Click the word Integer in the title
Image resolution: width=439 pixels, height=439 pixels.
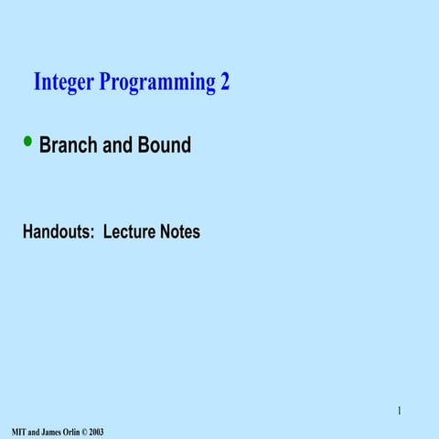(62, 83)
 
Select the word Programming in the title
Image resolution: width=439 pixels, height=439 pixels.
(155, 84)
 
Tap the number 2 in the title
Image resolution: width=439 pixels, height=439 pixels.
(224, 82)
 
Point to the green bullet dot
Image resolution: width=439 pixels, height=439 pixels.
(28, 141)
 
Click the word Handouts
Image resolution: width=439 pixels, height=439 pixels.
(58, 232)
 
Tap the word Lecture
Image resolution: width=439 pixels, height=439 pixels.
(129, 232)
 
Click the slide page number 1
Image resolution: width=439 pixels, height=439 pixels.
(399, 410)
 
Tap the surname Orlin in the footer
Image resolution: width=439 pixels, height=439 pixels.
(73, 431)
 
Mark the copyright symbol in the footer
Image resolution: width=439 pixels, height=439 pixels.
(86, 431)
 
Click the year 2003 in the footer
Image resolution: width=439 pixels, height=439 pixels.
(97, 431)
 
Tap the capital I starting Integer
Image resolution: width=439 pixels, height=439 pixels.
(37, 82)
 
